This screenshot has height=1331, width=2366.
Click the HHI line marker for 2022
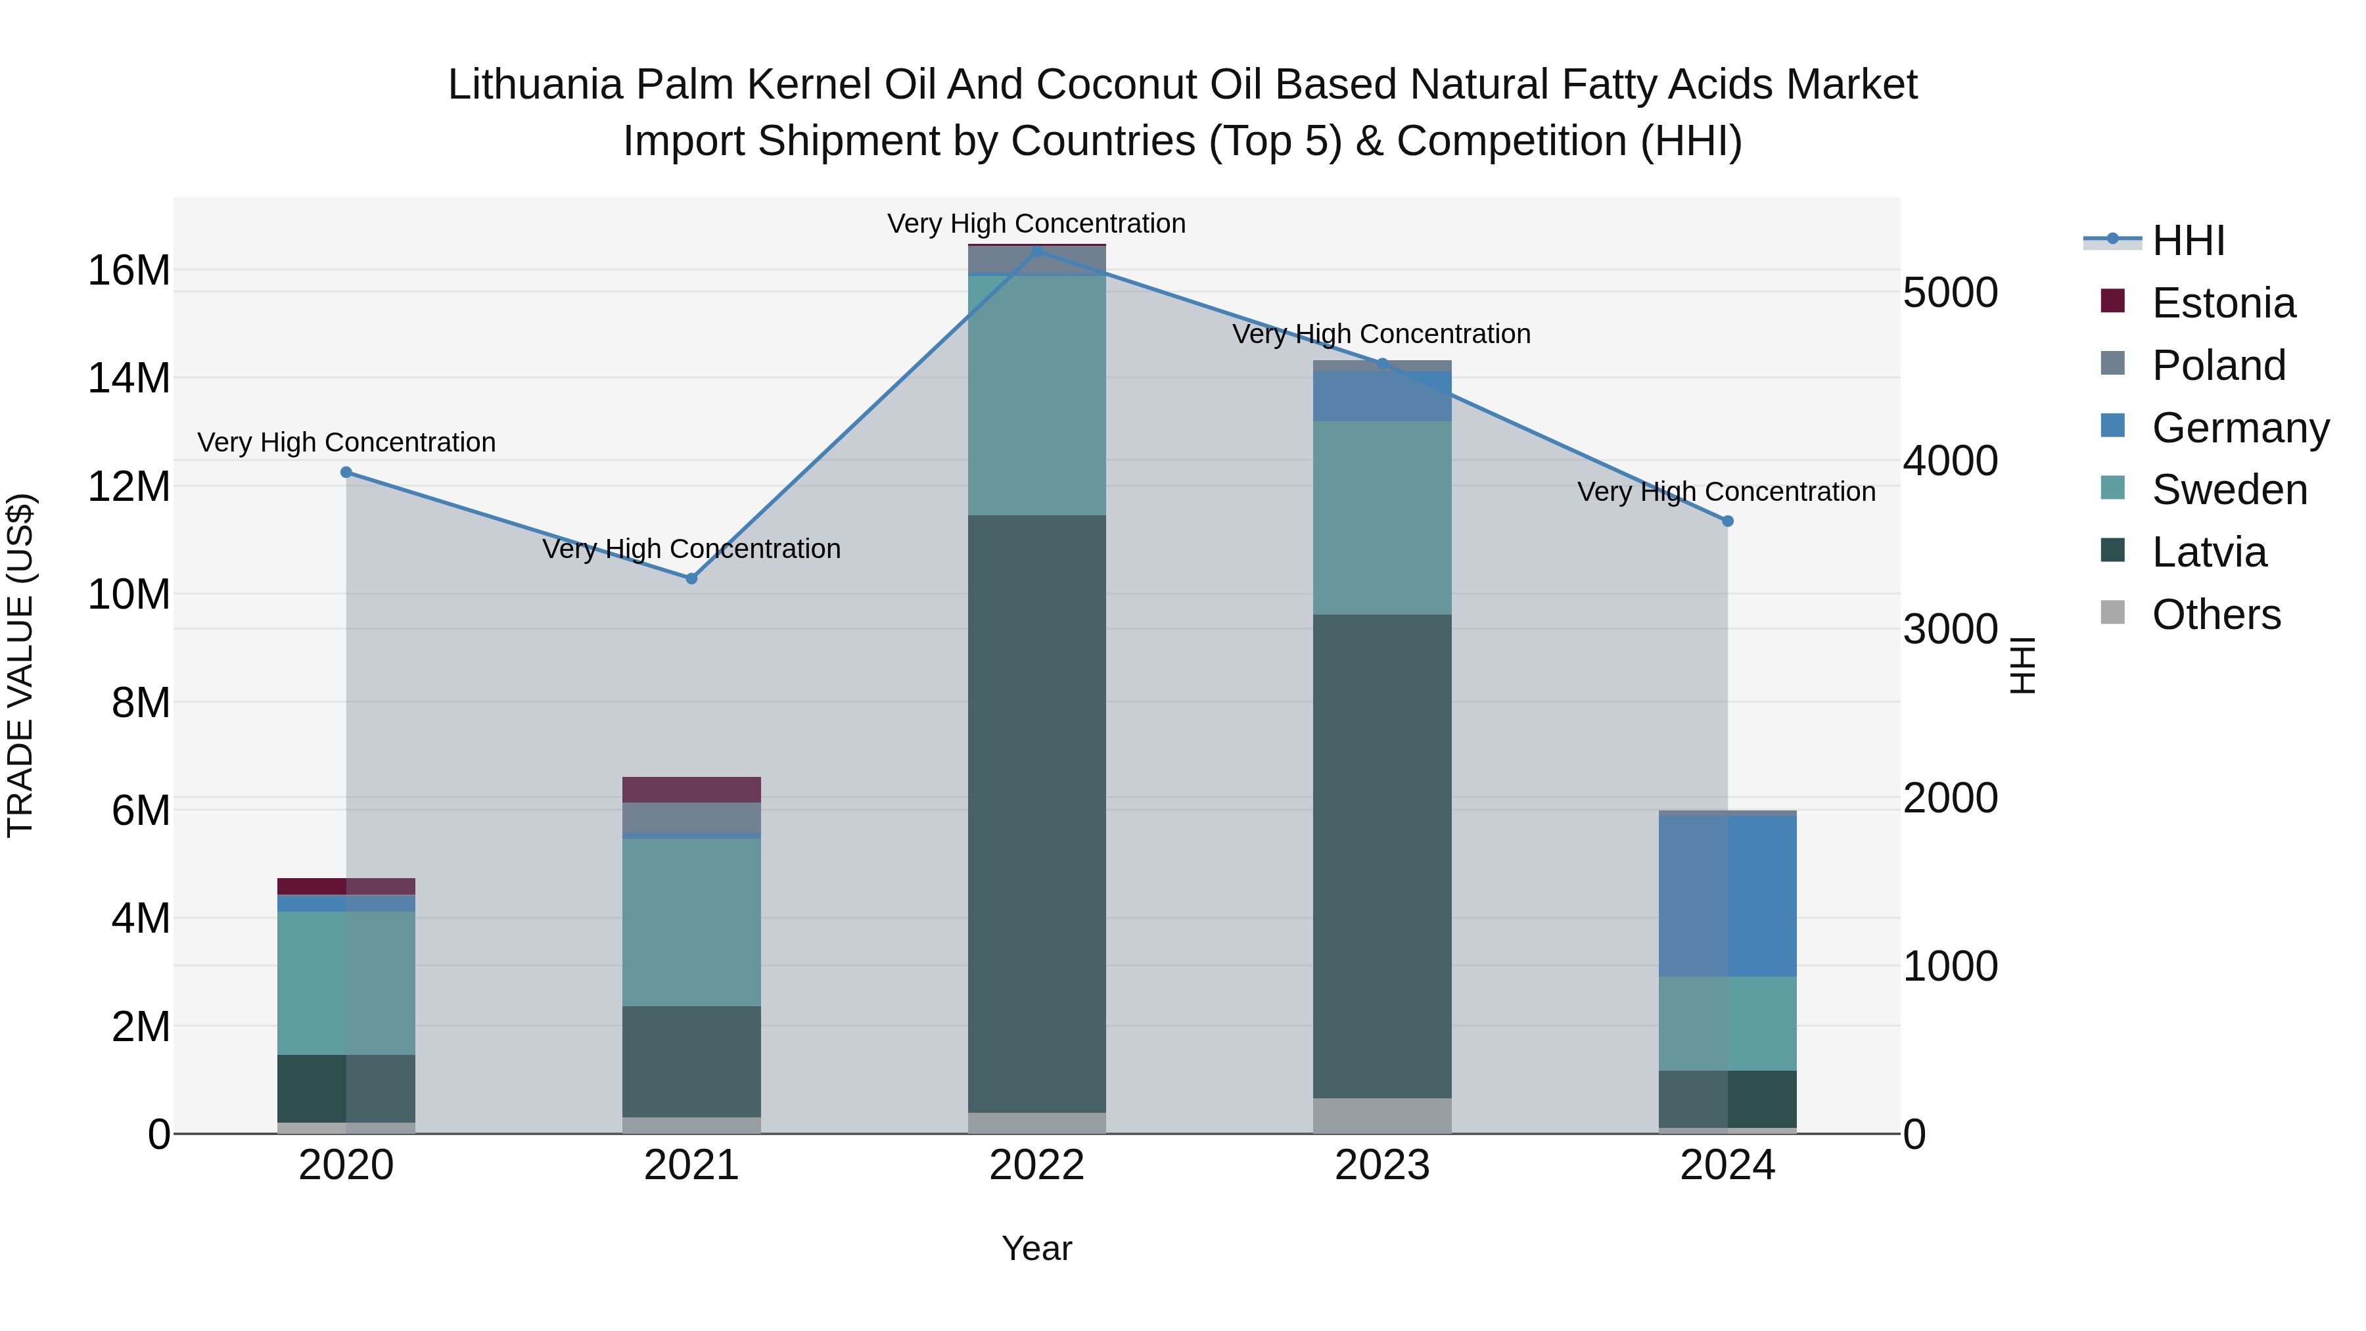(x=1037, y=251)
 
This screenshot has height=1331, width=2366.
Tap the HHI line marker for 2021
(x=691, y=578)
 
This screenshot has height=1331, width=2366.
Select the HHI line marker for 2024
(x=1728, y=521)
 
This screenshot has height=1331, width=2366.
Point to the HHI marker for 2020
(x=346, y=472)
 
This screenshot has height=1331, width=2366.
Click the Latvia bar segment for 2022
(x=1037, y=813)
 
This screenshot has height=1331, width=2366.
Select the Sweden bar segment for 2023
(x=1382, y=517)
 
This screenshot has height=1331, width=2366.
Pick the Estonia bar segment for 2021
(x=691, y=790)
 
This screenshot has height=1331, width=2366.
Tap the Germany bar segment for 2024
(x=1728, y=896)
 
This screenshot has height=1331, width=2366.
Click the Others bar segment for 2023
(x=1382, y=1115)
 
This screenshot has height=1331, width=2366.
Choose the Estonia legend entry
(x=2223, y=303)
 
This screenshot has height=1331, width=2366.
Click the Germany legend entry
(x=2239, y=428)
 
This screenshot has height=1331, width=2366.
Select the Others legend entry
(x=2215, y=615)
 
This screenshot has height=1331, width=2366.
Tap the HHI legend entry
(x=2188, y=241)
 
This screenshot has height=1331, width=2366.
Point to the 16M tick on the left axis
(x=129, y=271)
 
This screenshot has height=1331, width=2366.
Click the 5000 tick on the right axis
(x=1950, y=293)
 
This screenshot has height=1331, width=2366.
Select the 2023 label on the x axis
(x=1382, y=1165)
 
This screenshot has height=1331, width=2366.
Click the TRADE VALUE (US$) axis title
(x=20, y=665)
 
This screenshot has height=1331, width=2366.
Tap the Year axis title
(x=1037, y=1248)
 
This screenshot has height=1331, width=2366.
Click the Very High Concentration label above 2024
(x=1727, y=492)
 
